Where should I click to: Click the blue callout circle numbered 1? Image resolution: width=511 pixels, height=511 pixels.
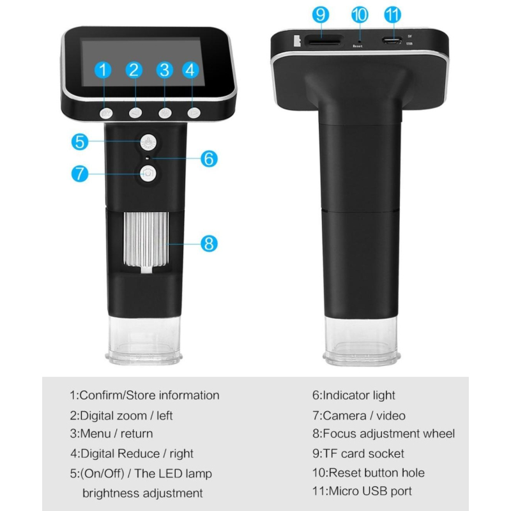coord(103,70)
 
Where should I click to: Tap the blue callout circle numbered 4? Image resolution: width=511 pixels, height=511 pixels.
coord(190,70)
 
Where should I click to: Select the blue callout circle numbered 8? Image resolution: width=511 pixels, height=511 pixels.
coord(209,243)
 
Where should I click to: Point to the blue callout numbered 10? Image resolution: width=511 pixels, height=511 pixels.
coord(360,15)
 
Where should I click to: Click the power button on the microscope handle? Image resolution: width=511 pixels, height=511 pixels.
coord(148,142)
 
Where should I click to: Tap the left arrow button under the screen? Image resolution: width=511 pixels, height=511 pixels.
coord(135,113)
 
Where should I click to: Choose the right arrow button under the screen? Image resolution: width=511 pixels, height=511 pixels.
coord(194,113)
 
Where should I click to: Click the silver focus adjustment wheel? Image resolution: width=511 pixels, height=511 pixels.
coord(146,239)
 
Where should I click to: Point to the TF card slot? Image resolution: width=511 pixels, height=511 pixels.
coord(323,42)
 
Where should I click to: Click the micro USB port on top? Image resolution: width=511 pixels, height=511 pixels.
coord(392,41)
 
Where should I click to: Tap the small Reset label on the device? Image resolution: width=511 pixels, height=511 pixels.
coord(358,46)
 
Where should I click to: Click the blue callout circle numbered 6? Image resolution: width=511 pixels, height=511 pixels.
coord(209,158)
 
